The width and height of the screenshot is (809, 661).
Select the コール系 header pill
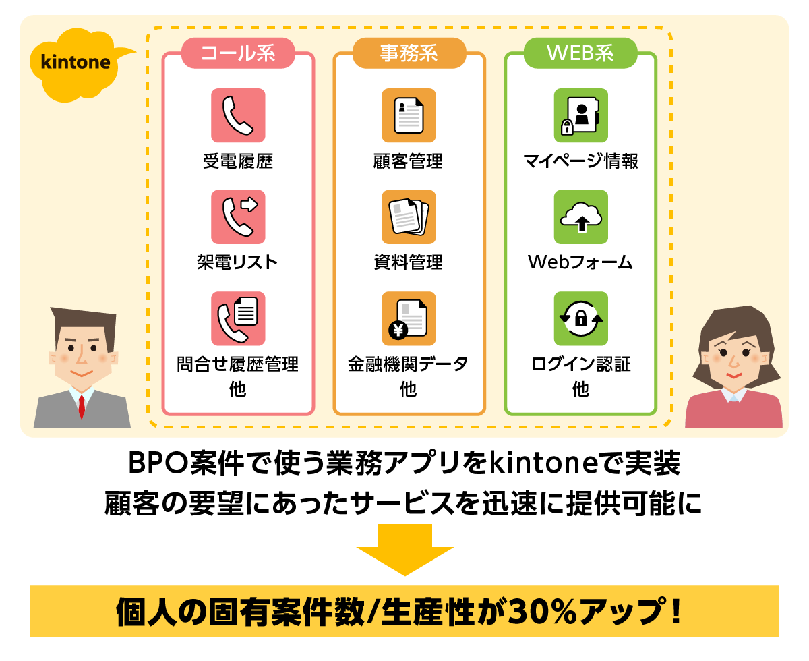pos(238,53)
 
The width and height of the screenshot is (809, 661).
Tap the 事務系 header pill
pos(409,53)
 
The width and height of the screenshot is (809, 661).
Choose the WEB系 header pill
pos(580,53)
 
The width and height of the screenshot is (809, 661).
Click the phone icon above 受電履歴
pos(238,115)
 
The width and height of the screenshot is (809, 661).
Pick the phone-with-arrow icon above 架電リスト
pos(238,217)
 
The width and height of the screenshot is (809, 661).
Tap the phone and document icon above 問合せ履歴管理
pos(238,318)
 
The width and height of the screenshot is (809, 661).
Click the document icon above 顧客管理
pos(409,115)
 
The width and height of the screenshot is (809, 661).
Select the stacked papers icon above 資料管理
pos(409,217)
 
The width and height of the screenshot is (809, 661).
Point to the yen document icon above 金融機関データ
pos(409,318)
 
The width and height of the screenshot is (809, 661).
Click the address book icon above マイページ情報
pos(580,115)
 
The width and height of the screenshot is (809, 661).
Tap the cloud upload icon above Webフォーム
pos(580,217)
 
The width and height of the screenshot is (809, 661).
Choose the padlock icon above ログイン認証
pos(580,318)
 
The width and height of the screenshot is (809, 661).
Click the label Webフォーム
pos(580,262)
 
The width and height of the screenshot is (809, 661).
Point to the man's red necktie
pos(82,406)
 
